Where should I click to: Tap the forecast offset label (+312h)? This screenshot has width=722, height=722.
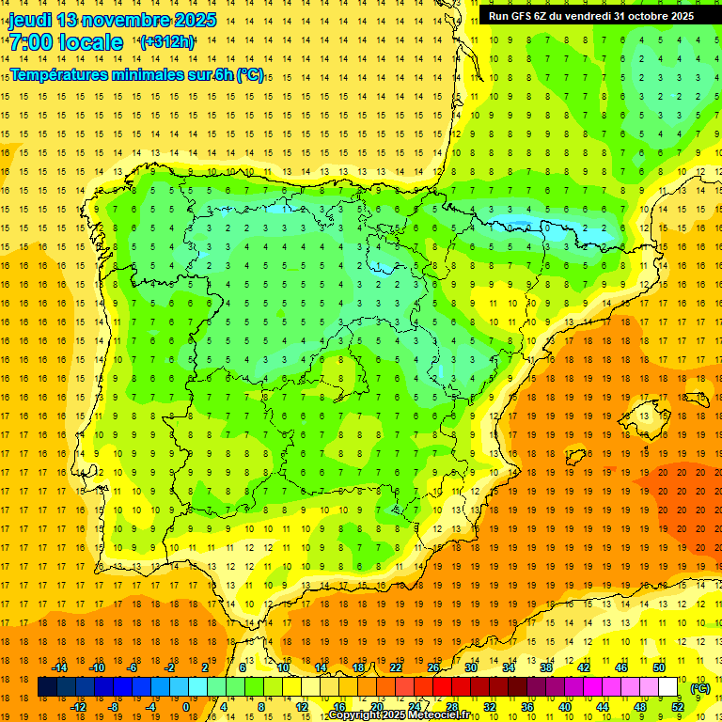pyautogui.click(x=167, y=41)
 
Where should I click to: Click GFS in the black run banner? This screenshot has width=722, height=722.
pyautogui.click(x=522, y=16)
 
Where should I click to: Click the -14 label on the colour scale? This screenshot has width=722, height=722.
pyautogui.click(x=59, y=667)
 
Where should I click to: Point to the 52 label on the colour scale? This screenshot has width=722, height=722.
pyautogui.click(x=678, y=707)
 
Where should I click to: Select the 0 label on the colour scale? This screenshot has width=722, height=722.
pyautogui.click(x=186, y=707)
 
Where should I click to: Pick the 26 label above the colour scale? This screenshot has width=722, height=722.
pyautogui.click(x=433, y=667)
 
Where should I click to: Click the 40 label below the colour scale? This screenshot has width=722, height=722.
pyautogui.click(x=565, y=707)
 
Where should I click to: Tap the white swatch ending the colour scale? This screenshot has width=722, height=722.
pyautogui.click(x=668, y=687)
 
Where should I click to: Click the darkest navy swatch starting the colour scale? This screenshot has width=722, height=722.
pyautogui.click(x=47, y=687)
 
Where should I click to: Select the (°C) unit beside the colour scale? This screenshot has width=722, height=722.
pyautogui.click(x=699, y=688)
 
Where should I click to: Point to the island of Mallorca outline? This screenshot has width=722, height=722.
pyautogui.click(x=647, y=412)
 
